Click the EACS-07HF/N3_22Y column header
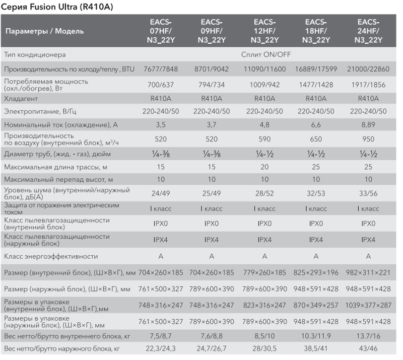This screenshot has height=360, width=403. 161,31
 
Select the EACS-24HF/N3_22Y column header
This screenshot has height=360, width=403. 368,31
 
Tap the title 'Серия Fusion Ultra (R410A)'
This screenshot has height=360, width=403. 57,7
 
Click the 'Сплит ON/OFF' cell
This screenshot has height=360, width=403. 266,54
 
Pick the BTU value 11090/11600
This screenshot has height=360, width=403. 264,69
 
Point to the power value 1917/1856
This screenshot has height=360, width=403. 368,85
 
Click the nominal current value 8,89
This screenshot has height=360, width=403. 368,125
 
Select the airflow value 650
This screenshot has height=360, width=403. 316,139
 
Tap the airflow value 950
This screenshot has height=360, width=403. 368,139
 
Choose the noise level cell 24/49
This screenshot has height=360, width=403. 161,193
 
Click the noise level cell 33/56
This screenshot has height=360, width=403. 368,193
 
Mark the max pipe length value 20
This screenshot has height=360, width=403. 264,167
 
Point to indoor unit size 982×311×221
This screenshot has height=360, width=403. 368,272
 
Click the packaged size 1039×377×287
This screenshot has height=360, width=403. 368,305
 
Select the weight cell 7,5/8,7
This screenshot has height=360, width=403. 161,336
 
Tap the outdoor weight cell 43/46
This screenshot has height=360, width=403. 368,348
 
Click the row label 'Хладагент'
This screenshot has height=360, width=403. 21,98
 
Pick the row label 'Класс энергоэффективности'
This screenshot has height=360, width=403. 51,256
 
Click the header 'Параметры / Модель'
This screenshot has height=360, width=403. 44,31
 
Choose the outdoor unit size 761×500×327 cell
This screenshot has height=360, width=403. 161,289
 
